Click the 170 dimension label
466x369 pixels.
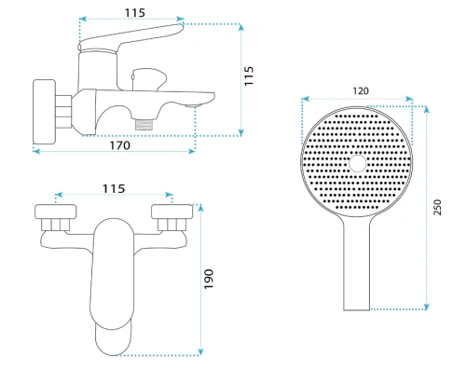click(x=120, y=145)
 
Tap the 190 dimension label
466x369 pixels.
click(x=209, y=279)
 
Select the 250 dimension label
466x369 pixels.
click(x=437, y=207)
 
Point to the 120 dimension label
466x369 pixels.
click(x=361, y=91)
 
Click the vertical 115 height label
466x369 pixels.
click(x=249, y=75)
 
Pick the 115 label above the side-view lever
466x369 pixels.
click(x=135, y=13)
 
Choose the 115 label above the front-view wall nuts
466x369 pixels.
click(x=114, y=188)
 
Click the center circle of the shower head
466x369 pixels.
click(x=358, y=163)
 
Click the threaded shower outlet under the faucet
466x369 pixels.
click(x=144, y=125)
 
